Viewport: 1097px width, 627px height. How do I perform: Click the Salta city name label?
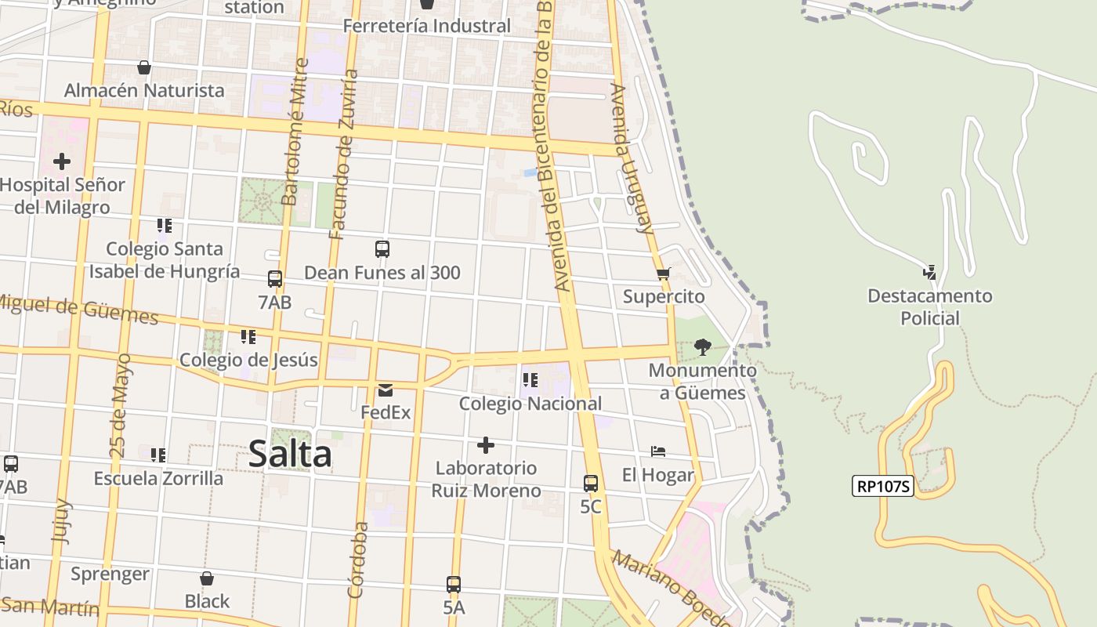[x=290, y=455]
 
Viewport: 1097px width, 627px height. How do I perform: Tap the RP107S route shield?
[x=883, y=486]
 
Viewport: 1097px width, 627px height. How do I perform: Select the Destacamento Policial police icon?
[x=929, y=273]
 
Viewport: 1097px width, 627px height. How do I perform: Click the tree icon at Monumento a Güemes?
[x=702, y=346]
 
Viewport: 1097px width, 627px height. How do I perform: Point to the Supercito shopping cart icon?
[x=663, y=274]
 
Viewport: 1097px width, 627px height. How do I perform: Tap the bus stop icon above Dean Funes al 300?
[x=382, y=249]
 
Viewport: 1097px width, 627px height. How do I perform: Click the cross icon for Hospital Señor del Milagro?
[x=62, y=161]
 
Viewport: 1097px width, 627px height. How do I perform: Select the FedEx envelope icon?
[x=385, y=390]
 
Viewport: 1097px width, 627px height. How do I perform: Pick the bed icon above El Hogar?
[x=658, y=451]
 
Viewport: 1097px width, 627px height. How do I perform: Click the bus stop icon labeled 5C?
[x=591, y=483]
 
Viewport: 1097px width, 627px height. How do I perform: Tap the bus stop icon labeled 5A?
[x=454, y=584]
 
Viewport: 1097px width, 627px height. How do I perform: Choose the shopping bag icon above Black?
[x=207, y=578]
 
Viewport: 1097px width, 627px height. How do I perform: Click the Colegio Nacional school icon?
[x=530, y=380]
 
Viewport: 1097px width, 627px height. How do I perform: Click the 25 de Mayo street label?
[x=121, y=406]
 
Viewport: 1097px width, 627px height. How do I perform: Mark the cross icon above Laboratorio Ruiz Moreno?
[x=486, y=445]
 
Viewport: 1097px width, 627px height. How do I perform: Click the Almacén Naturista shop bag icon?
[x=143, y=67]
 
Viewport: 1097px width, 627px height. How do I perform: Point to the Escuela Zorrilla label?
[x=158, y=478]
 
